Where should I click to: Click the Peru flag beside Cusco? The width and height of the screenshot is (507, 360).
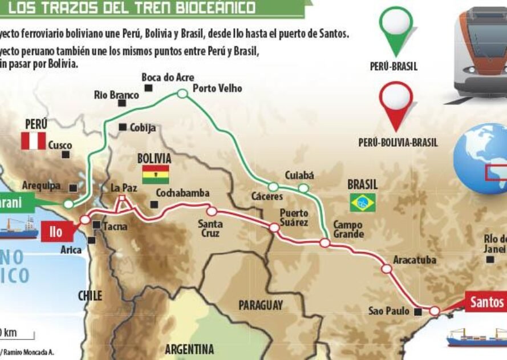click(33, 141)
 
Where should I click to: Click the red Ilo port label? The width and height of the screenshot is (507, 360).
click(56, 232)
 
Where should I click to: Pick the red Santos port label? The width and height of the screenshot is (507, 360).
click(486, 302)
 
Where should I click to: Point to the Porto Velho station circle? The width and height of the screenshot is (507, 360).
click(182, 94)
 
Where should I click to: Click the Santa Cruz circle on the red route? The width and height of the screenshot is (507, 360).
click(211, 211)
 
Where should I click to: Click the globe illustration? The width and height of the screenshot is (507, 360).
click(480, 158)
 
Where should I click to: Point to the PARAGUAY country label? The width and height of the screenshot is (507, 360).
click(260, 305)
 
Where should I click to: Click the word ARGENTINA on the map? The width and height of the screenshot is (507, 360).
click(189, 349)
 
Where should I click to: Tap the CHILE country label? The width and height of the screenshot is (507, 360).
click(90, 296)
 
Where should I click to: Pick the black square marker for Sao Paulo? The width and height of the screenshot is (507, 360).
click(418, 312)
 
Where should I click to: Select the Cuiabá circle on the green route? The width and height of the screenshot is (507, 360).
click(303, 188)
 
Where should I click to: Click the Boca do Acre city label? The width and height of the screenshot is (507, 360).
click(168, 78)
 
